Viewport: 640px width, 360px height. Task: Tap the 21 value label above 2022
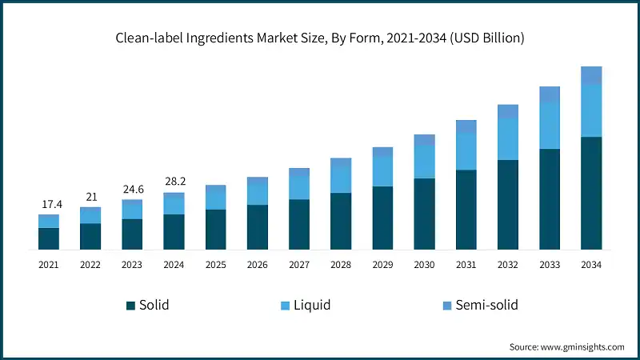click(90, 198)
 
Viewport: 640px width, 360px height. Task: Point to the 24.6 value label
click(132, 190)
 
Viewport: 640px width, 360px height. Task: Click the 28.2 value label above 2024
click(174, 182)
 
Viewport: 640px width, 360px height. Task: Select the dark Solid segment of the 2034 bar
click(591, 193)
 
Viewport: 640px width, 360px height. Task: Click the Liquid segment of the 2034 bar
click(591, 110)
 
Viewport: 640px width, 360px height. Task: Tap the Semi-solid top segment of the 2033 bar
click(550, 94)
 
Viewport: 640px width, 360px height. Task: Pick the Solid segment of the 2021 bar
click(49, 238)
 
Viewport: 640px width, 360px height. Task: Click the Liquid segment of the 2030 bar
click(424, 162)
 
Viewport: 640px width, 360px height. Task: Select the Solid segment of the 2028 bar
click(341, 221)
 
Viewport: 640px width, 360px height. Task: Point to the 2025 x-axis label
click(215, 264)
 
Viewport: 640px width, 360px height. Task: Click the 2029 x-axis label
click(382, 264)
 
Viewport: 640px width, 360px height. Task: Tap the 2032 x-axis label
click(508, 264)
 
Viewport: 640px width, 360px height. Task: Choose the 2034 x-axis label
click(591, 264)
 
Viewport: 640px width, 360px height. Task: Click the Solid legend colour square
click(130, 305)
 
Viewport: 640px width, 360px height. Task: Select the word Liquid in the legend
click(311, 305)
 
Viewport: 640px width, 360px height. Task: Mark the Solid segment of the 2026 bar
click(258, 227)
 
